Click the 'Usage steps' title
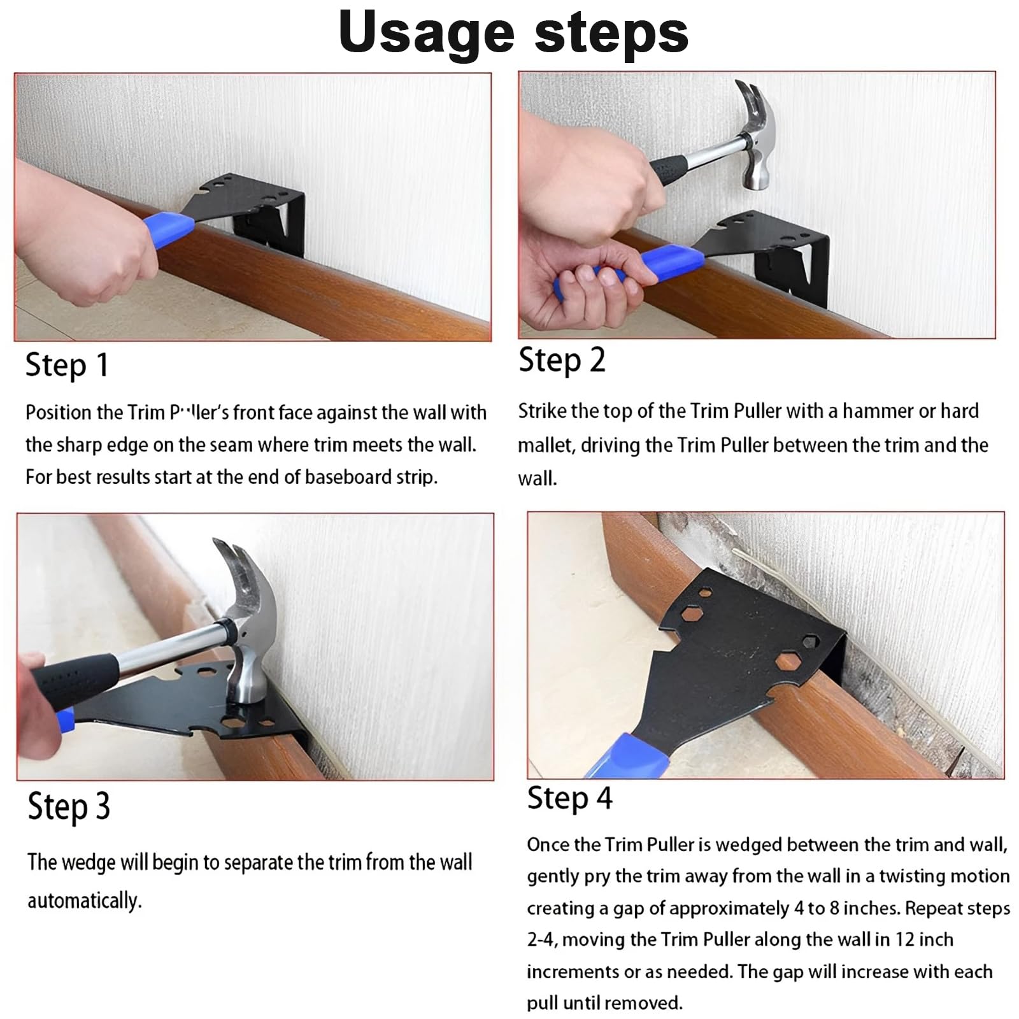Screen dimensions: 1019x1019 point(513,33)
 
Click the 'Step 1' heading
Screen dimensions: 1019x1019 point(67,366)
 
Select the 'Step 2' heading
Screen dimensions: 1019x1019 point(562,360)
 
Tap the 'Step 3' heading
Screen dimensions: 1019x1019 point(69,806)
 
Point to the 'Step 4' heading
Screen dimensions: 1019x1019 point(569,798)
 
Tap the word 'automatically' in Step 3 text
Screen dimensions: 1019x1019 point(84,901)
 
